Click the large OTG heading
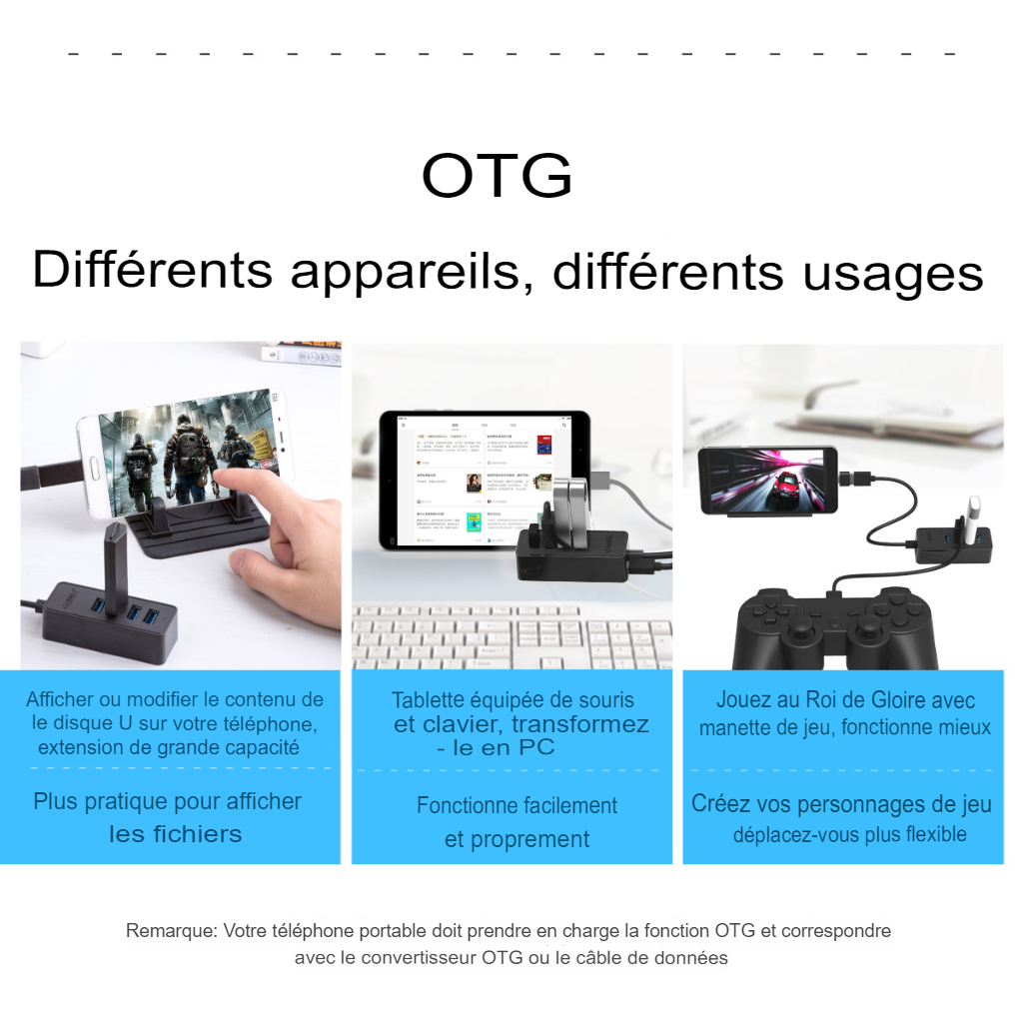497,175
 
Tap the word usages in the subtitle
892,274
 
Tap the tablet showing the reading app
485,480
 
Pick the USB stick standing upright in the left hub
115,567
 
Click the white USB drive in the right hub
974,518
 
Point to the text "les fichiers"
175,834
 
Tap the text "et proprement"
516,839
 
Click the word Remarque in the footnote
171,931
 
